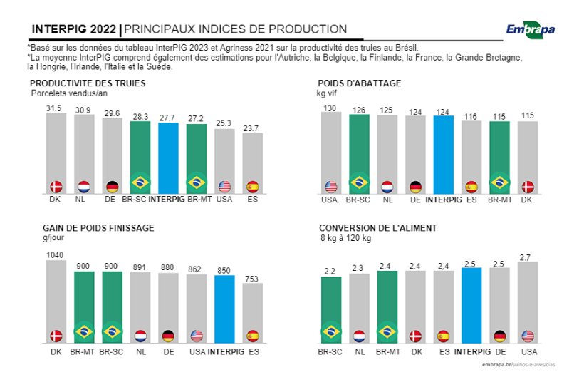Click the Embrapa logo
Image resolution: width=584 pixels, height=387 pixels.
coord(530,29)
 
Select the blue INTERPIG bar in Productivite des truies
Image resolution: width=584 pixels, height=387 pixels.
coord(168,157)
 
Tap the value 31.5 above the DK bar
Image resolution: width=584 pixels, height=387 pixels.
coord(54,108)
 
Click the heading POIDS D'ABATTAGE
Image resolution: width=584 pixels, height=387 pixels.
coord(359,83)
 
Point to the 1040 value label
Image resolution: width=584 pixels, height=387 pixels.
coord(55,254)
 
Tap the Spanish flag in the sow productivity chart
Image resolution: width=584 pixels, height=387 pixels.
coord(252,187)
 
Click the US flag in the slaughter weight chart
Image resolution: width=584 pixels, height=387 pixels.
coord(330,187)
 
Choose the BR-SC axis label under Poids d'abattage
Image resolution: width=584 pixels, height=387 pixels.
coord(358,201)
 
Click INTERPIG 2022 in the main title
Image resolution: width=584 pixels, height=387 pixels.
coord(75,29)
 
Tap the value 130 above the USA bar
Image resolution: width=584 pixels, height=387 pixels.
coord(330,108)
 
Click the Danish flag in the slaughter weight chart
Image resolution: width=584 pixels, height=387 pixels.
coord(528,187)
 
